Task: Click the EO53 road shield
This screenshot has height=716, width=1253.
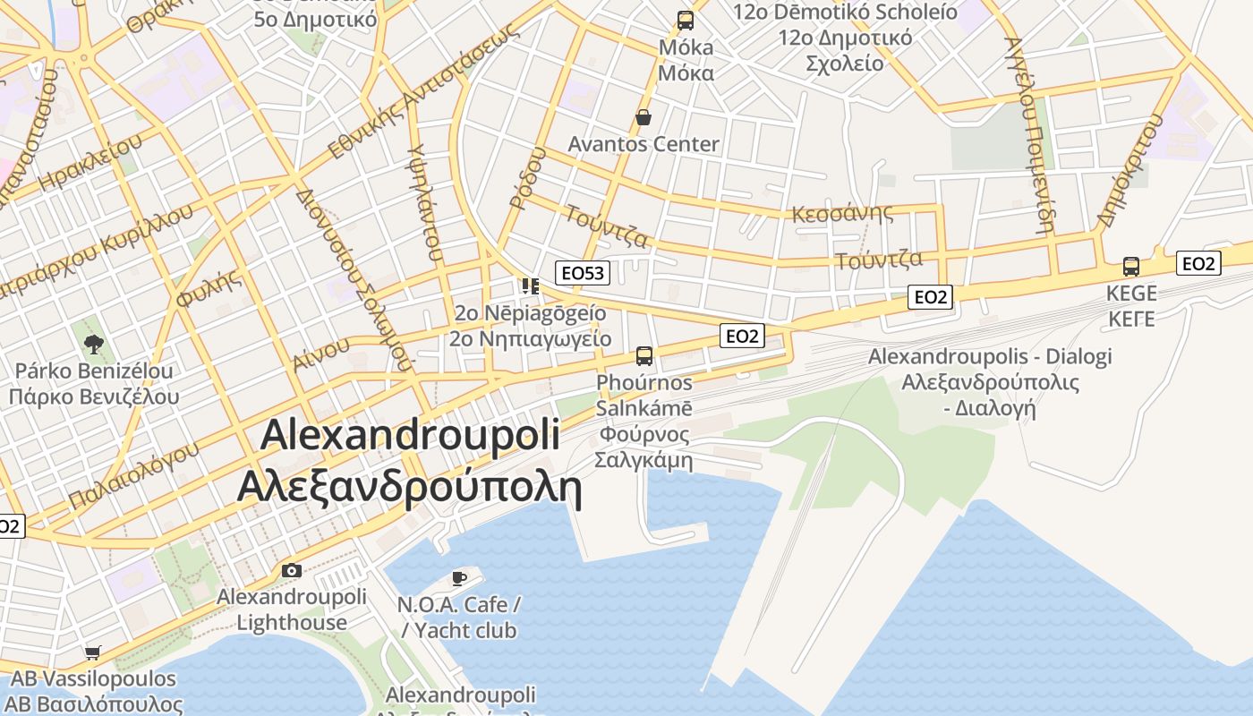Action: coord(582,273)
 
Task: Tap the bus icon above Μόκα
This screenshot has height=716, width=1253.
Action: coord(686,20)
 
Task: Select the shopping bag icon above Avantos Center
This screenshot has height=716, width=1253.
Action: coord(643,117)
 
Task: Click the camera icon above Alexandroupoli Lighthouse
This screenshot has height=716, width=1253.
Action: coord(291,570)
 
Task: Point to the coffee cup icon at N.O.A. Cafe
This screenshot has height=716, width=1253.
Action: coord(459,577)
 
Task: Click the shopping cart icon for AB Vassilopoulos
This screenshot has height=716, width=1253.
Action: coord(92,652)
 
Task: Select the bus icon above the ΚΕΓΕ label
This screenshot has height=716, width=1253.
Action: coord(1131,266)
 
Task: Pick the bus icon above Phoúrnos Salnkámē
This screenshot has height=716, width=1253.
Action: coord(644,355)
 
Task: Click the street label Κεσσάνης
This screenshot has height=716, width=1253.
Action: coord(842,213)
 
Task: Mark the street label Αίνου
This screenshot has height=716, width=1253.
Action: coord(320,354)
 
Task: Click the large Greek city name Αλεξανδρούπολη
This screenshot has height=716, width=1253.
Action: coord(409,489)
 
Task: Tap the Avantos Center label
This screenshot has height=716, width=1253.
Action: coord(644,144)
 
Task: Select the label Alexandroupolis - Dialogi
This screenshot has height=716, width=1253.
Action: coord(990,356)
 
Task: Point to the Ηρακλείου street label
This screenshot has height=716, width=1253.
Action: coord(90,165)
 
